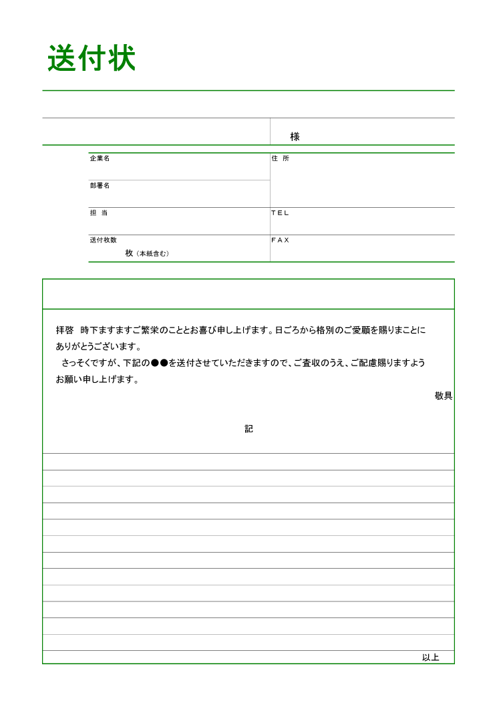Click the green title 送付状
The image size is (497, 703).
coord(92,59)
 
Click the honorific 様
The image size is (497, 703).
coord(295,136)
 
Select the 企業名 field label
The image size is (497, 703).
coord(100,158)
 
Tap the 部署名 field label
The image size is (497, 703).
coord(100,186)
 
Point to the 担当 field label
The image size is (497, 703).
coord(99,213)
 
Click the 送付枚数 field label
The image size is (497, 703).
coord(104,240)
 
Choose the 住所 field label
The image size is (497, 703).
coord(280,158)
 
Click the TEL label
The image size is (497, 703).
coord(280,213)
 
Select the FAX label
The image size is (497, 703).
coord(280,240)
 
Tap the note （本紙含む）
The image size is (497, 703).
coord(152,254)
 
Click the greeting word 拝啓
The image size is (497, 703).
coord(65,330)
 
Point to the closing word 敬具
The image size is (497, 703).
coord(444,396)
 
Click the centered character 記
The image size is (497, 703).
coord(248,429)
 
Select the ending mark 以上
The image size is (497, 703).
coord(430,658)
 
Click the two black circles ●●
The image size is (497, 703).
coord(159,364)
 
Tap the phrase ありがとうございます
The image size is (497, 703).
coord(99,347)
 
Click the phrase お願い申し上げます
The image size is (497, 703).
coord(97,380)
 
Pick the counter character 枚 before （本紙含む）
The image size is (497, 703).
coord(129,253)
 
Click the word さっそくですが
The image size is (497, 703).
coord(90,364)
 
